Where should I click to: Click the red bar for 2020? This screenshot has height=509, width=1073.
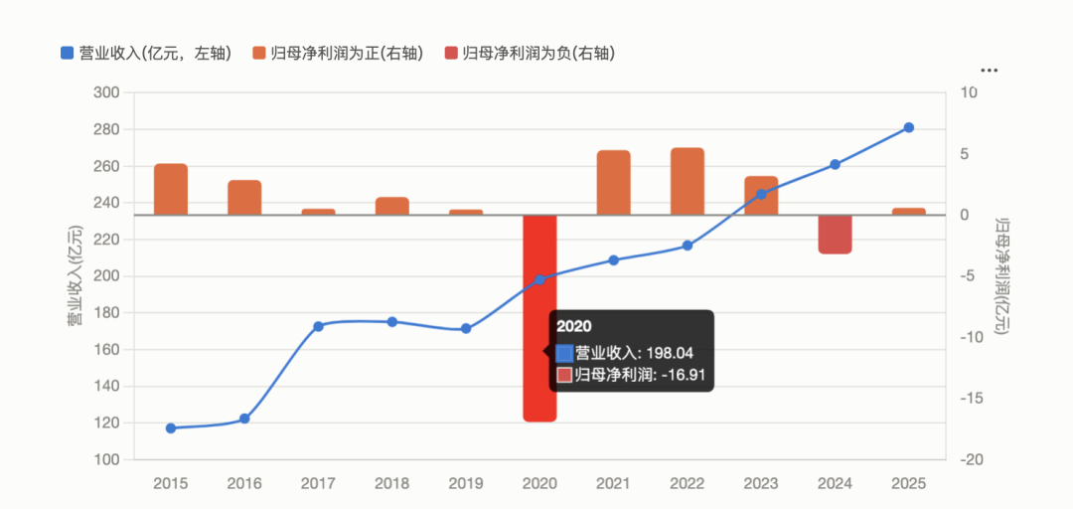(x=539, y=318)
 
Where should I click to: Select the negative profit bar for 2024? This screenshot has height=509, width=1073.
(x=835, y=235)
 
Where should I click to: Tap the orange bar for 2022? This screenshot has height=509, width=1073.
(x=688, y=181)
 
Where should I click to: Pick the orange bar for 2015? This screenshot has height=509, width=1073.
(x=171, y=189)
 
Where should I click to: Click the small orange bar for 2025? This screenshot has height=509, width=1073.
(x=909, y=211)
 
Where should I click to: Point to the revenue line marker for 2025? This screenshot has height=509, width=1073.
(x=909, y=127)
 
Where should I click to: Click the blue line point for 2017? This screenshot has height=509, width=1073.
(x=318, y=326)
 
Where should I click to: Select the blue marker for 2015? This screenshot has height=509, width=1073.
(x=171, y=428)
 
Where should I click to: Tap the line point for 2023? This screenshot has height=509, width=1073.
(x=761, y=194)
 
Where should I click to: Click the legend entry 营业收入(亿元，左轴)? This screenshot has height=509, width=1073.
(x=146, y=53)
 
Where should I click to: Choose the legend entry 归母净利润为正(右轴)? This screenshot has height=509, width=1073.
(x=338, y=53)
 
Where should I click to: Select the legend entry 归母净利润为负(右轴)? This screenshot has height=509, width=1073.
(x=529, y=53)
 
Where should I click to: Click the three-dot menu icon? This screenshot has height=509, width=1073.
(x=989, y=71)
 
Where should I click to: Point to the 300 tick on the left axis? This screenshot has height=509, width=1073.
(x=106, y=92)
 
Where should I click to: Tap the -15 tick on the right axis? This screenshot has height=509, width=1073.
(x=968, y=398)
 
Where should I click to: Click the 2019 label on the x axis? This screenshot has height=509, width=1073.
(x=465, y=484)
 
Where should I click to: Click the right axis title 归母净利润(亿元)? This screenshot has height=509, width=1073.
(x=1001, y=275)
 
